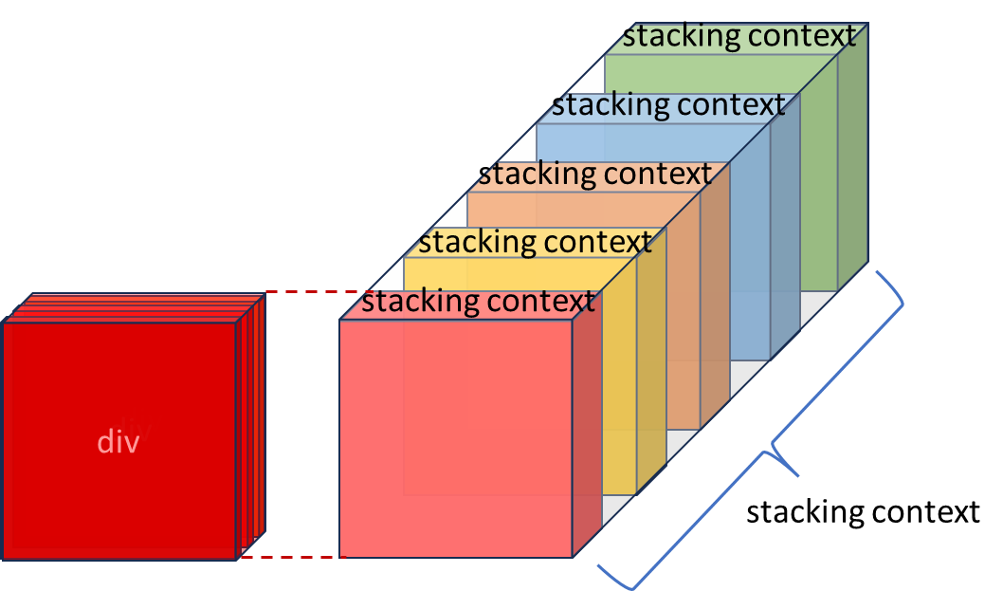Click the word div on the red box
(x=119, y=442)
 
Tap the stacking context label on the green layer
(x=739, y=37)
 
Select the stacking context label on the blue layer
(x=668, y=105)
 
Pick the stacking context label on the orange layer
(x=595, y=175)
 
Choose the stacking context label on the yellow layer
(x=535, y=242)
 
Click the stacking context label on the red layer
(x=478, y=302)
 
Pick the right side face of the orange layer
(x=714, y=304)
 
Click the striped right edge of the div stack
(x=250, y=427)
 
